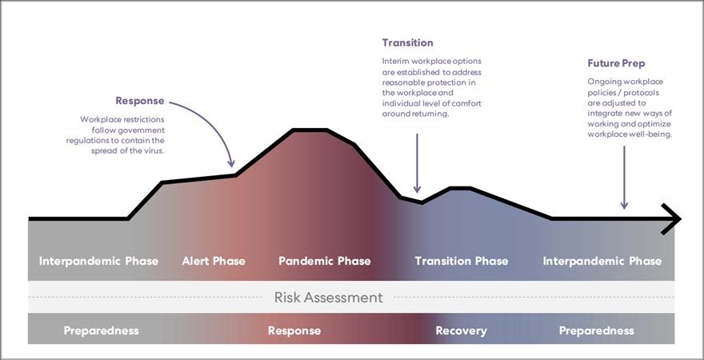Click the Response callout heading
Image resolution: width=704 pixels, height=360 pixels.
click(x=140, y=101)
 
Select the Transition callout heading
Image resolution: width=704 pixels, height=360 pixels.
click(x=407, y=42)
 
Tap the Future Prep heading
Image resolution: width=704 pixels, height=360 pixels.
click(x=616, y=63)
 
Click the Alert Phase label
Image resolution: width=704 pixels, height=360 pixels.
click(x=214, y=261)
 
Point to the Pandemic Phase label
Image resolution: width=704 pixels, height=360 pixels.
click(x=324, y=261)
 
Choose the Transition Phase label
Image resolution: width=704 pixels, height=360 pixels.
click(x=461, y=261)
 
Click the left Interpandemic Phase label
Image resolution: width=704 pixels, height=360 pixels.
click(x=98, y=261)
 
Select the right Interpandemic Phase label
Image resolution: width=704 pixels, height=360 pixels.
click(x=602, y=261)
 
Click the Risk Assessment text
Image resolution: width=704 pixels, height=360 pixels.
click(x=328, y=298)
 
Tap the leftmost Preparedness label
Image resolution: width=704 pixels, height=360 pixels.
click(x=101, y=330)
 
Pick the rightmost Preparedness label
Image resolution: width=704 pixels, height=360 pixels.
click(x=596, y=330)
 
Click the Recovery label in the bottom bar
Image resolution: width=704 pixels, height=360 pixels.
click(x=461, y=330)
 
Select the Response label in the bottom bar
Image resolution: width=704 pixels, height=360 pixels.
click(x=294, y=330)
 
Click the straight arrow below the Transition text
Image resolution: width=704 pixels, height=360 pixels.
click(x=417, y=164)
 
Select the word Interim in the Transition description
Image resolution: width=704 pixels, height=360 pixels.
click(x=395, y=61)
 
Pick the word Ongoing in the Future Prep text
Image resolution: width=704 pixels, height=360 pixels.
click(x=604, y=82)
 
